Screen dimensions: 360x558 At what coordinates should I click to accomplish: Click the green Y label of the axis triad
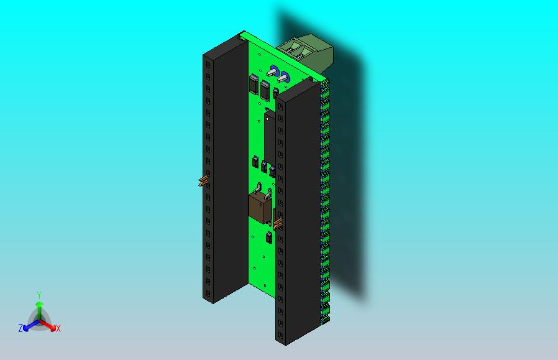pyautogui.click(x=39, y=295)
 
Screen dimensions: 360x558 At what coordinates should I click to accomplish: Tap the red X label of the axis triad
pyautogui.click(x=58, y=328)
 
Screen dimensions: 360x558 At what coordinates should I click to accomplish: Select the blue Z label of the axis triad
pyautogui.click(x=21, y=328)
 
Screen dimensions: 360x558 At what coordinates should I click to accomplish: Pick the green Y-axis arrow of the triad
pyautogui.click(x=39, y=307)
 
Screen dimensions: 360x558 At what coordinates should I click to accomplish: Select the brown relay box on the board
pyautogui.click(x=259, y=206)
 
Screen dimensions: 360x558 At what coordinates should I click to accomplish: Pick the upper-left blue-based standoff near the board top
pyautogui.click(x=273, y=71)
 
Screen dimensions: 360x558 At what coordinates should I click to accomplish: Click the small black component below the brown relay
pyautogui.click(x=269, y=238)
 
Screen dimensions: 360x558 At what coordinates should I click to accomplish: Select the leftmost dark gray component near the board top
pyautogui.click(x=254, y=84)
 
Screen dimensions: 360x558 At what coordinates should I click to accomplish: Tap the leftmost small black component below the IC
pyautogui.click(x=255, y=162)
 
